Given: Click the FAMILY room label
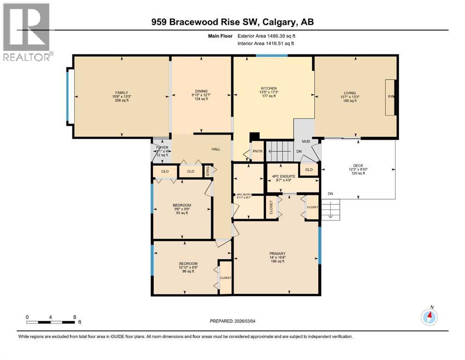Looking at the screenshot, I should tap(122, 93).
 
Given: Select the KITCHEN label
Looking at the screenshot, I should tap(269, 89).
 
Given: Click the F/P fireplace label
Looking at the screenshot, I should tap(391, 97).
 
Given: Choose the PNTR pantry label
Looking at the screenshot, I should tap(258, 151).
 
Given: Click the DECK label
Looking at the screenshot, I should tap(358, 165).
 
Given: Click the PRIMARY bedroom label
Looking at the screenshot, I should tap(277, 254).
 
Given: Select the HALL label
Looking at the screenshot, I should tap(215, 149).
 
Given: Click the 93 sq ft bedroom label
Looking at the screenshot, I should tap(182, 205).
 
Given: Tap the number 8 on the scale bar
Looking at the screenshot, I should tap(75, 317).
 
